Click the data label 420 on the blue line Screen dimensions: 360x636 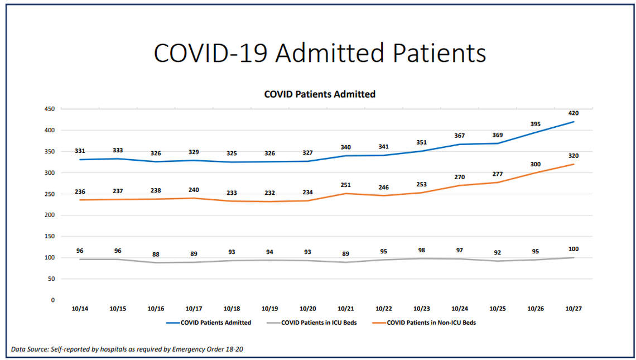574,113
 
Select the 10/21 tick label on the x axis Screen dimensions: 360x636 346,309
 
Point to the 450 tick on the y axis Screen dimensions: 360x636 49,109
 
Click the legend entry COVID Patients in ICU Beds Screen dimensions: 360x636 319,323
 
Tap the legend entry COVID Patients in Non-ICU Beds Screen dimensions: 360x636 431,323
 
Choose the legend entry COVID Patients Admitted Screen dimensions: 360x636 216,323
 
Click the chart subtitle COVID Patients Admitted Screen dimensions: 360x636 320,94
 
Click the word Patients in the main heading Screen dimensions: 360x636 439,53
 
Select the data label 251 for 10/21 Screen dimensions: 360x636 346,185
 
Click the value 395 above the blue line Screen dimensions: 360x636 536,124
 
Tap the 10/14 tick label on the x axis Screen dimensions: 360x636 80,309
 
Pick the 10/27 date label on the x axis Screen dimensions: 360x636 574,309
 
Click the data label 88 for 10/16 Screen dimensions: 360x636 156,254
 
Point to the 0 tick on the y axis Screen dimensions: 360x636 52,300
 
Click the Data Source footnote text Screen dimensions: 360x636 127,349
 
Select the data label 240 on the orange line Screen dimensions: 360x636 194,190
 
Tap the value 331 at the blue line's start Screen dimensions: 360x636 80,151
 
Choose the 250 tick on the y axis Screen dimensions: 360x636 49,194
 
